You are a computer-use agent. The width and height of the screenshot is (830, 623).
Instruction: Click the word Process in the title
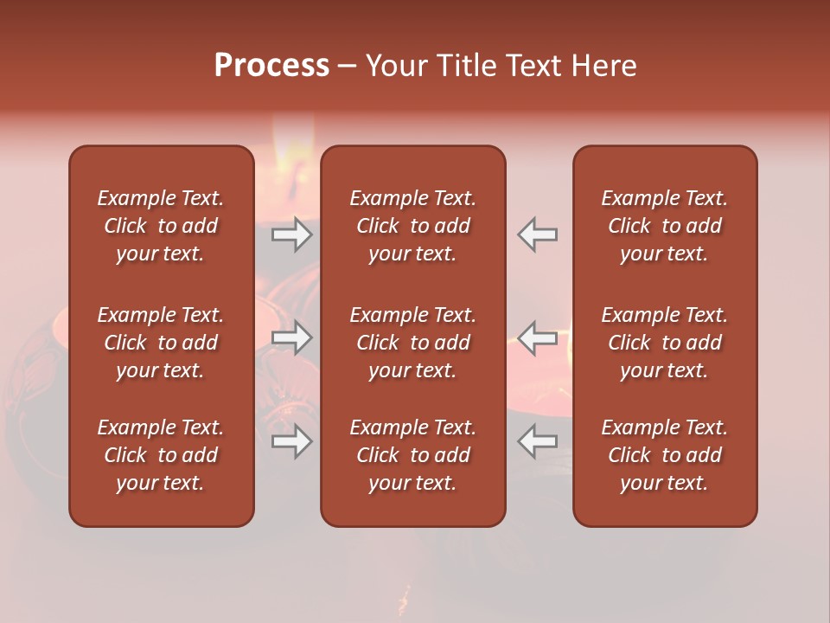[x=271, y=66]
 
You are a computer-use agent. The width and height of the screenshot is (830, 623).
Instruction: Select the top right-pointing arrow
[x=292, y=234]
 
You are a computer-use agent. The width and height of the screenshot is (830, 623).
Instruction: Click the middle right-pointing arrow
[x=292, y=337]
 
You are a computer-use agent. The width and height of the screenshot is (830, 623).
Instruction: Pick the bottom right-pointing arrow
[x=292, y=441]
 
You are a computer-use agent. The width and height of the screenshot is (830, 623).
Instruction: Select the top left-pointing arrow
[x=537, y=234]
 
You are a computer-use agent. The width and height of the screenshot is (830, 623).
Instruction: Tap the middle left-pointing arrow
[x=537, y=337]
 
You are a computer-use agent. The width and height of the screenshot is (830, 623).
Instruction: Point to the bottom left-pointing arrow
[x=537, y=441]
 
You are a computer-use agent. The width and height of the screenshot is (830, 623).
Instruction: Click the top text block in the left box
[x=161, y=226]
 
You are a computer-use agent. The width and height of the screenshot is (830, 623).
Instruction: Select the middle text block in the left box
[x=161, y=343]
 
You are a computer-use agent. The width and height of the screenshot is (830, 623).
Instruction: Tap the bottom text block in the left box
[x=161, y=455]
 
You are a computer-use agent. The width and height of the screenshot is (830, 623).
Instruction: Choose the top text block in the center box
[x=413, y=226]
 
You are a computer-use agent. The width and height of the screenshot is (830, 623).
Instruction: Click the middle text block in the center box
[x=413, y=343]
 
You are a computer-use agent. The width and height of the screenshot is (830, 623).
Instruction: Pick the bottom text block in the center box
[x=413, y=455]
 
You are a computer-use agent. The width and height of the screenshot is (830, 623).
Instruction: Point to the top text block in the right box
[x=665, y=226]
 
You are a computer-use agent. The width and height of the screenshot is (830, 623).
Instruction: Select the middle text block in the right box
[x=665, y=343]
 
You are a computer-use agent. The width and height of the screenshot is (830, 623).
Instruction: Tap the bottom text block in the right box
[x=665, y=455]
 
